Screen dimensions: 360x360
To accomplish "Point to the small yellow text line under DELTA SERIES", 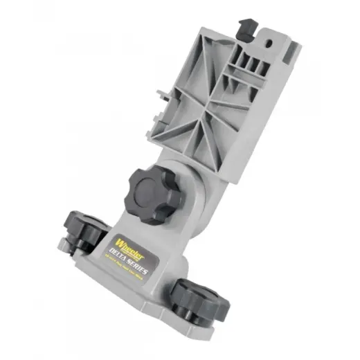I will [x=132, y=272].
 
